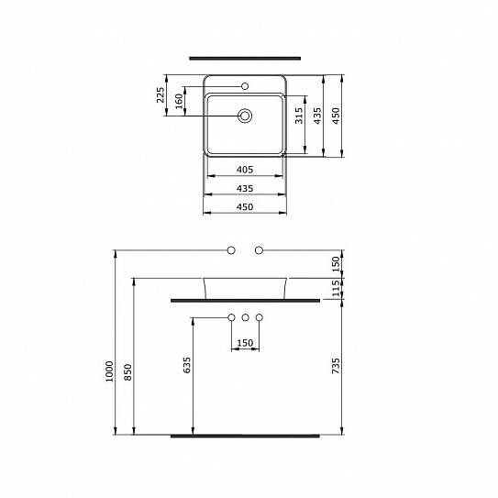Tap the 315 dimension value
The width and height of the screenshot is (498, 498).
[300, 115]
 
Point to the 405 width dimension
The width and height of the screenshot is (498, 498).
[245, 170]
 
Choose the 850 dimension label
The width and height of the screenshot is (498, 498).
[130, 371]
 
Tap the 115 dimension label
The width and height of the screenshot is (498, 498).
[336, 287]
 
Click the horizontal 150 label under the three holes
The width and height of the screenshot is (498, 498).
[245, 344]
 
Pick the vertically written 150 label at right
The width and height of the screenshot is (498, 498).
[336, 262]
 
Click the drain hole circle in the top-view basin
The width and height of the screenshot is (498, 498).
[245, 116]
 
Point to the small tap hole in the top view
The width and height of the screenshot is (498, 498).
[245, 86]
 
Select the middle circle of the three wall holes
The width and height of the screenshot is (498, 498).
[245, 317]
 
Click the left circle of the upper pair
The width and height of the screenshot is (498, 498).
[231, 249]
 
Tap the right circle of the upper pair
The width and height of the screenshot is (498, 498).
[259, 249]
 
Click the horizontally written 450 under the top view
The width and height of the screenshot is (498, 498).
[245, 207]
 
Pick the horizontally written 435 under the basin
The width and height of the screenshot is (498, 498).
[245, 188]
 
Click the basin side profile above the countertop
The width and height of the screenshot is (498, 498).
[245, 287]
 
